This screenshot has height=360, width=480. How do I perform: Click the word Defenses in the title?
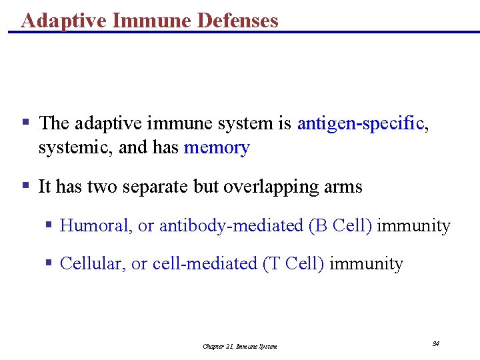[238, 21]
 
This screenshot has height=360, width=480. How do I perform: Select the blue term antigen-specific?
[360, 123]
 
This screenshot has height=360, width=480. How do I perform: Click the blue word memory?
[216, 147]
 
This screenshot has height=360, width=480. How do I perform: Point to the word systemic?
[75, 147]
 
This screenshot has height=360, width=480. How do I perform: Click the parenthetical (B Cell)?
[340, 225]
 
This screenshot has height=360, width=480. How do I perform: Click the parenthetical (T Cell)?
[294, 264]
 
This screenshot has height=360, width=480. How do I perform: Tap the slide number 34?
[435, 344]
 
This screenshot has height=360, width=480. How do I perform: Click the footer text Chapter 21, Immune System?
[240, 346]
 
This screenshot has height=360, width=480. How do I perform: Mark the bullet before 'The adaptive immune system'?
[25, 123]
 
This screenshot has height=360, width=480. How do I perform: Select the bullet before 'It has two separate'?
[25, 186]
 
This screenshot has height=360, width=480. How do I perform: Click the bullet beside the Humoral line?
[48, 225]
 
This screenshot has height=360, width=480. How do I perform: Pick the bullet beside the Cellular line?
[48, 263]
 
